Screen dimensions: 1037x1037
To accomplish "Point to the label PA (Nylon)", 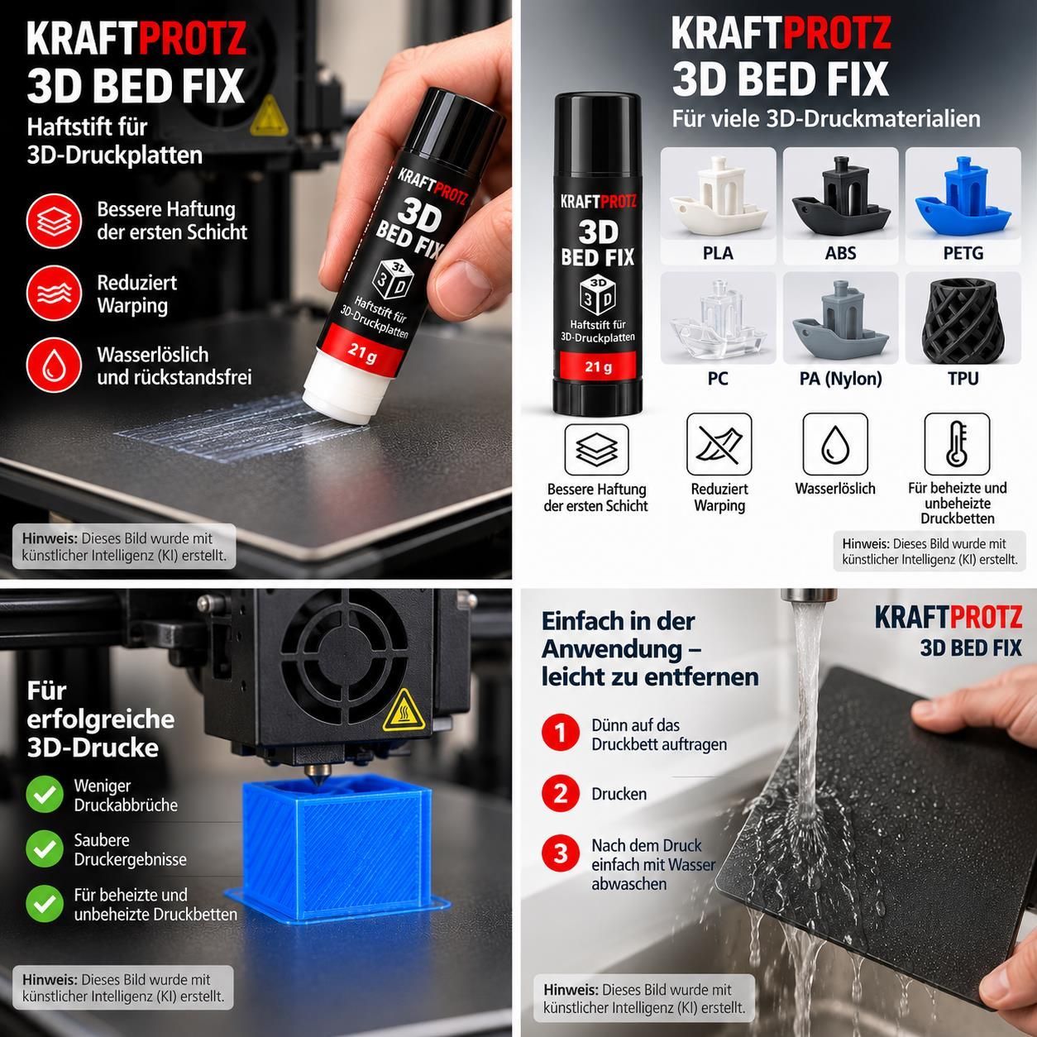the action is click(x=840, y=379).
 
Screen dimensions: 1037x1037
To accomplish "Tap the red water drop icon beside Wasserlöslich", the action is click(x=54, y=366).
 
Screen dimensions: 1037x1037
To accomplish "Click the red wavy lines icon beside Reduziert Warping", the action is click(x=54, y=293).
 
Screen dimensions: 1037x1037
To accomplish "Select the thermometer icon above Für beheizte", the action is click(x=957, y=445).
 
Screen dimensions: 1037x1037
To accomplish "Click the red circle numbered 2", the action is click(x=560, y=793).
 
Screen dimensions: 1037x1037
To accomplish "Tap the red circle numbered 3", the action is click(x=560, y=853).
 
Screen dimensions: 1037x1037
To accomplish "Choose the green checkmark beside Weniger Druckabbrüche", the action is click(x=45, y=795).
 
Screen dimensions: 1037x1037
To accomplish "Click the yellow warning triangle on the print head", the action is click(x=403, y=711).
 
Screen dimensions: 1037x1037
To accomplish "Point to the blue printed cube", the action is click(x=337, y=850).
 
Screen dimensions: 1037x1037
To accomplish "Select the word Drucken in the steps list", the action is click(x=619, y=794).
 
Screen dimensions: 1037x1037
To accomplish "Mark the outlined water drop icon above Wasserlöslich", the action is click(x=835, y=445).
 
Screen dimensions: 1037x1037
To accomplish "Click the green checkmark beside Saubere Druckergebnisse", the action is click(x=45, y=848).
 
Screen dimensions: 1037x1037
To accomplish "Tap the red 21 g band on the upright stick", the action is click(x=598, y=366).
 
